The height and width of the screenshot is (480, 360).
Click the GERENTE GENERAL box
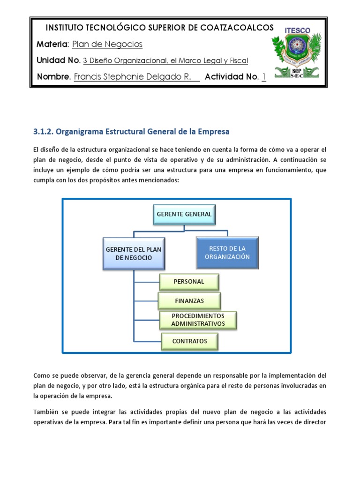(184, 215)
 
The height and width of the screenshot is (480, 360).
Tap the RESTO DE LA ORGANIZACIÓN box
(227, 253)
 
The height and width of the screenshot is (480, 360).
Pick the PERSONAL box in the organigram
(189, 282)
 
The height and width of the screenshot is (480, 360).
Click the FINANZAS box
(189, 300)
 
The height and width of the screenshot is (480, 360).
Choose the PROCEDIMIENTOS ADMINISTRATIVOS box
(198, 320)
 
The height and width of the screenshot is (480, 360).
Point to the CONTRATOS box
(189, 341)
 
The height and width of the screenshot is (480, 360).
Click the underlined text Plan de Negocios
(107, 45)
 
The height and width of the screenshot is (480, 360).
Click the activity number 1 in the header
(264, 77)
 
